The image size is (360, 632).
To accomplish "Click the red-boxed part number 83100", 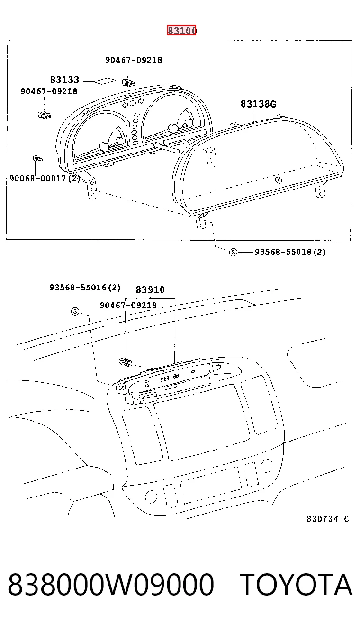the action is (181, 30).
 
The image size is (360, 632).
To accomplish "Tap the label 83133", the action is (64, 80).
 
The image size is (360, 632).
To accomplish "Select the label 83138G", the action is (258, 104).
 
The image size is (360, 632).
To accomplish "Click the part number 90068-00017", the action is (37, 178).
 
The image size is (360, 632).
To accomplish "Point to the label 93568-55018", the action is (283, 252).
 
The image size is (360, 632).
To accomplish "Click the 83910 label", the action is (150, 290).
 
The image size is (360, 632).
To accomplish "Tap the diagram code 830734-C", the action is (328, 519).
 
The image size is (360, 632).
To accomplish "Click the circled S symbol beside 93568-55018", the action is (233, 252).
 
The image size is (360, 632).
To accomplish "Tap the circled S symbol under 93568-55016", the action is (75, 311).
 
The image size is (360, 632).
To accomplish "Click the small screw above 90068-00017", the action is (37, 158).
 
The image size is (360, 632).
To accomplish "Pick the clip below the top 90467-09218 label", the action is (128, 82).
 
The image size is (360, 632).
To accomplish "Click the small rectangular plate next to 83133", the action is (105, 81).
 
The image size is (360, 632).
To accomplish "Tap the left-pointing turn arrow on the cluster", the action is (125, 105).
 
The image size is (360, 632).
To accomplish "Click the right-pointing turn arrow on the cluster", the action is (141, 100).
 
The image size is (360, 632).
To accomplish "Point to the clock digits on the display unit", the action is (169, 378).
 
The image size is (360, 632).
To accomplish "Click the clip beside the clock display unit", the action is (126, 361).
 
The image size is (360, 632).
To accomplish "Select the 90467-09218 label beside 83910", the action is (128, 305).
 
